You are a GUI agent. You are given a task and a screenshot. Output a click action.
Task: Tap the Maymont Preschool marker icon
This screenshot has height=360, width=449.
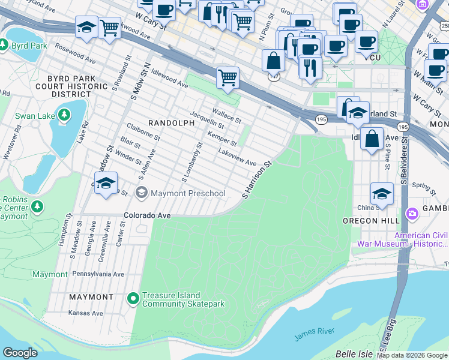click(x=142, y=193)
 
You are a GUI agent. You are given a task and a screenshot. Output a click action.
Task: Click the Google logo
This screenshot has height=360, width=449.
click(x=20, y=353)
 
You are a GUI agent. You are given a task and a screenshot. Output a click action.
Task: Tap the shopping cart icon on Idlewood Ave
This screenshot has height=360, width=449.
click(x=228, y=77)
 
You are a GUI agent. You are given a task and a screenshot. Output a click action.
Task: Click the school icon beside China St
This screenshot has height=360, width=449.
click(x=381, y=194)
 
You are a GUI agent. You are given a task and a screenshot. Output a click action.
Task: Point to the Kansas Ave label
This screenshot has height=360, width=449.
click(x=86, y=313)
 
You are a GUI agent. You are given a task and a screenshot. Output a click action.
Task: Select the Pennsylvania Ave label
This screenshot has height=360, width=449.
click(x=98, y=274)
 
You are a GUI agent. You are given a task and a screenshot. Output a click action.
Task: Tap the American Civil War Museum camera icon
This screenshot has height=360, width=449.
click(x=412, y=213)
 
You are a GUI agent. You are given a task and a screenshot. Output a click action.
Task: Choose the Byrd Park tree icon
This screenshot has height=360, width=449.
click(x=3, y=46)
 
